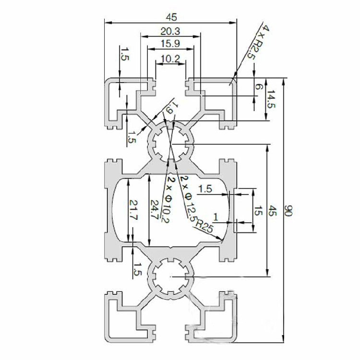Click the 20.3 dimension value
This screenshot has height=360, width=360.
tap(170, 32)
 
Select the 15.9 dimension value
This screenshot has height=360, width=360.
tap(170, 44)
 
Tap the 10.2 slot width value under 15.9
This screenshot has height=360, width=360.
tap(170, 60)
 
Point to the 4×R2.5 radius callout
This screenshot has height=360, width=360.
tap(258, 42)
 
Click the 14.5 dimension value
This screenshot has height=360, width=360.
tap(272, 99)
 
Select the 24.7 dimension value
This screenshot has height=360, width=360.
tap(154, 210)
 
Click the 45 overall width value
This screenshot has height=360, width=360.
tap(171, 17)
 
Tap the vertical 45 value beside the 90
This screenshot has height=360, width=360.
tap(273, 210)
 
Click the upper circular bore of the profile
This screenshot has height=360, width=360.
tap(171, 143)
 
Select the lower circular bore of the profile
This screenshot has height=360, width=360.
tap(171, 277)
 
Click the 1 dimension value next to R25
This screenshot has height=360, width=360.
tap(216, 217)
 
